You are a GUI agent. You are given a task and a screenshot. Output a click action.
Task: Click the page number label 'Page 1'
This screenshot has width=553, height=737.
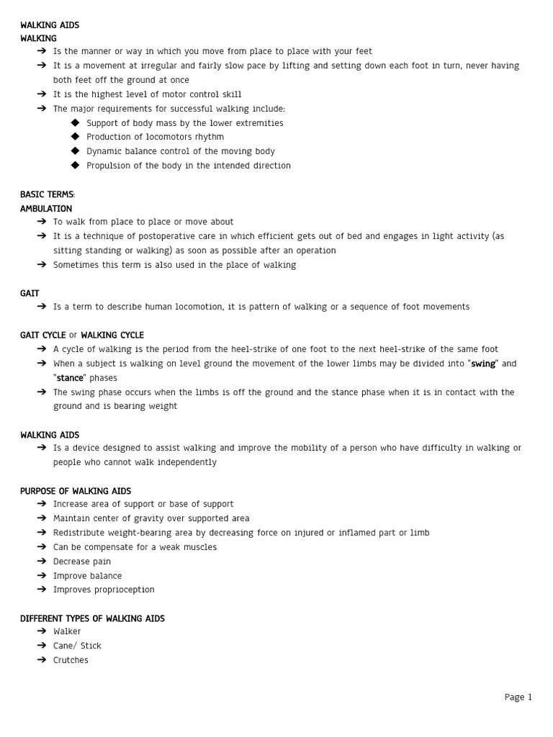[518, 697]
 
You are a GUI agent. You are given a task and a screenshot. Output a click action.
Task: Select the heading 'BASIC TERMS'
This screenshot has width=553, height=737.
[47, 194]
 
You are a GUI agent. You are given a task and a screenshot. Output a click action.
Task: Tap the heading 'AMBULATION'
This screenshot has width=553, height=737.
[46, 209]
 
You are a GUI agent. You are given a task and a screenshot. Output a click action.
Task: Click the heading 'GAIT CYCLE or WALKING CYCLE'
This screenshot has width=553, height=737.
[81, 335]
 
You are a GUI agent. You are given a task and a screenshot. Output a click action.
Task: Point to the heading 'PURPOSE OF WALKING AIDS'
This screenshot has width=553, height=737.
[76, 491]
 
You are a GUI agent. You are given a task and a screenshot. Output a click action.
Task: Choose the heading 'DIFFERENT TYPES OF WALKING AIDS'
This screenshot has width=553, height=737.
[92, 618]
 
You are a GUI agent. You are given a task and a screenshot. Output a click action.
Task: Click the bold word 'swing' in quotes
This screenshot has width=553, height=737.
[483, 363]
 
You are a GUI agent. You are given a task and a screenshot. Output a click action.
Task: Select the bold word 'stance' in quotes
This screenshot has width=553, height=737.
[70, 378]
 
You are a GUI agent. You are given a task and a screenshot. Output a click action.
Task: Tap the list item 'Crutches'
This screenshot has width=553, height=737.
[71, 660]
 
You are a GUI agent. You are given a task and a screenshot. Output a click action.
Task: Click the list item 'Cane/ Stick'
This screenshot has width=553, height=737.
[77, 646]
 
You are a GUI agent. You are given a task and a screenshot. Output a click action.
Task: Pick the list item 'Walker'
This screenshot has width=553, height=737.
[67, 631]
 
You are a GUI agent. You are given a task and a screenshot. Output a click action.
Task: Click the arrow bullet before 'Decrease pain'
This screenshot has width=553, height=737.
[42, 561]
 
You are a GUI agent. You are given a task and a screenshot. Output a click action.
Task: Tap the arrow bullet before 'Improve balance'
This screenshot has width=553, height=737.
[42, 576]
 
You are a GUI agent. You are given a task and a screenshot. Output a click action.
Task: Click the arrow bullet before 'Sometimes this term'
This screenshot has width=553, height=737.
[42, 265]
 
